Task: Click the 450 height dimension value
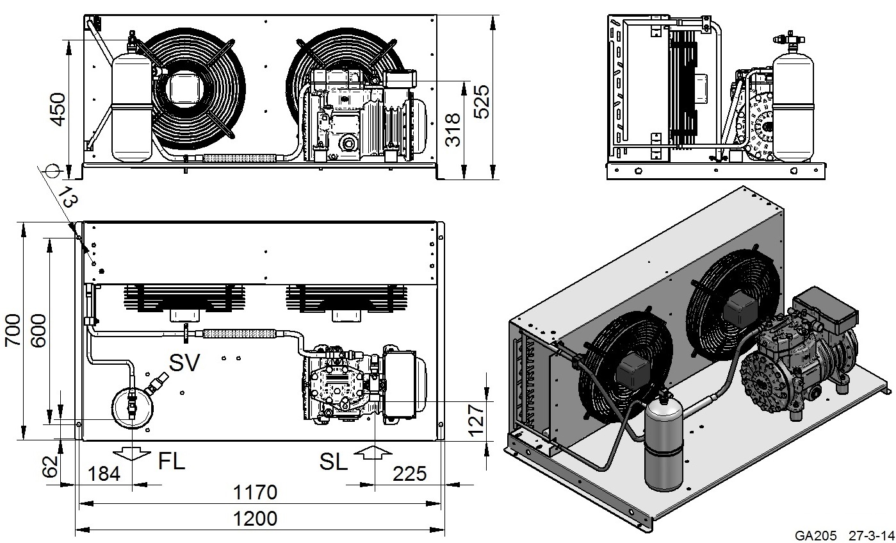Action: coord(58,110)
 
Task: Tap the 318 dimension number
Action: coord(453,129)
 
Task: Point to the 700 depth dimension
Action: coord(12,330)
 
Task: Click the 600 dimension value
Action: coord(38,330)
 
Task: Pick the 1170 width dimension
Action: coord(255,492)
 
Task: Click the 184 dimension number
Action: coord(104,474)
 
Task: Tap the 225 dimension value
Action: coord(410,474)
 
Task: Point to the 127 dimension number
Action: coord(476,420)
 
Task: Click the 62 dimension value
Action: coord(51,467)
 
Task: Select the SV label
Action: coord(184,363)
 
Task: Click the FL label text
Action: coord(172,461)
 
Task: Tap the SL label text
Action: coord(333,462)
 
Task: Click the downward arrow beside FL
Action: coord(131,453)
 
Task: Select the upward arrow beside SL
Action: coord(373,452)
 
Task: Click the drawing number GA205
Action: coord(815,535)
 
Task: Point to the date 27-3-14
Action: coord(871,535)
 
